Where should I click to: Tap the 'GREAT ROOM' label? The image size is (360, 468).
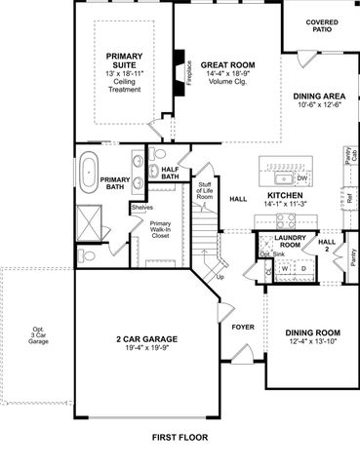pos(227,65)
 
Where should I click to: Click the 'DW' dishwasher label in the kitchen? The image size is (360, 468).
pos(301,178)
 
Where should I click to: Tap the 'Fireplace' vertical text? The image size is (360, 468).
pos(188,77)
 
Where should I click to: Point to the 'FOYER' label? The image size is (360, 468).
pos(242,326)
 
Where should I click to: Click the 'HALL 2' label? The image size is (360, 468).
pos(327,245)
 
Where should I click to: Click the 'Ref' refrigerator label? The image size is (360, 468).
pos(347,198)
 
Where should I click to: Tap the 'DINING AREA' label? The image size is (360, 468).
pos(318,97)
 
